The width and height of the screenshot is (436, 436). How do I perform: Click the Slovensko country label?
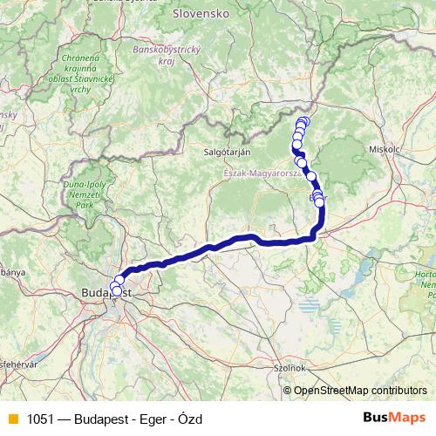[201, 14]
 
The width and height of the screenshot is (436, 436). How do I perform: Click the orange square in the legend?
[11, 419]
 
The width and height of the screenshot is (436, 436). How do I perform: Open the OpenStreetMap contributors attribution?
[359, 391]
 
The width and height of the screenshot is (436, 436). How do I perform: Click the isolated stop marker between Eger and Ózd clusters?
[311, 176]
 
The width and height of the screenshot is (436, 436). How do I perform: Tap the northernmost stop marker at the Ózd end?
[303, 121]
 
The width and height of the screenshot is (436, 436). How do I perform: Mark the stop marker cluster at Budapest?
[117, 285]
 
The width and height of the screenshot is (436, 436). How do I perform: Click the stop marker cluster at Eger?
[317, 199]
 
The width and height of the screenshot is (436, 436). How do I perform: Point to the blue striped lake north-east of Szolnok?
[307, 304]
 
